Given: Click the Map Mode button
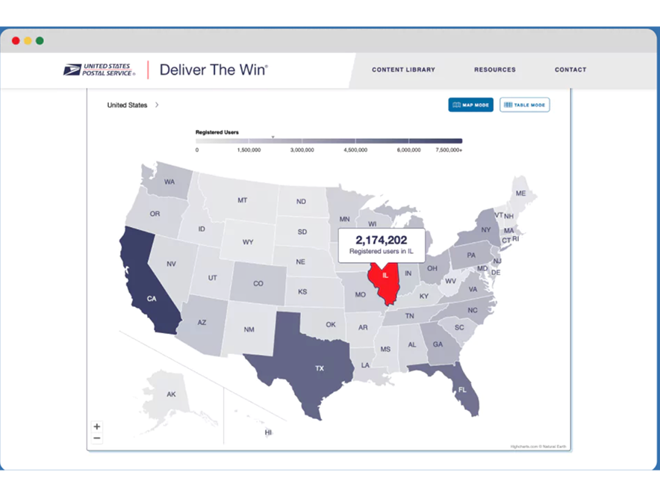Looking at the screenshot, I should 470,105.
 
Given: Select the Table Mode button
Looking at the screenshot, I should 524,105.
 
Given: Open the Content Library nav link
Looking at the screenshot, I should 403,70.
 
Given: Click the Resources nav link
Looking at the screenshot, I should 494,70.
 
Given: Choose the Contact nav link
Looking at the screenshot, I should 570,70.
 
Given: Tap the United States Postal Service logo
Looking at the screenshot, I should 99,70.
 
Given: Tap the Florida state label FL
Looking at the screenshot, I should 462,390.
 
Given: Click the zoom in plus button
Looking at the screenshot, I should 97,427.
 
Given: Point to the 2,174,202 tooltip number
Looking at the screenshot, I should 381,240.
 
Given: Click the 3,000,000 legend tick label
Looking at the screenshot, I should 302,150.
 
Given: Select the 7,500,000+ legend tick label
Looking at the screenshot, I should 449,150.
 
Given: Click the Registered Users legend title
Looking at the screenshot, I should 217,132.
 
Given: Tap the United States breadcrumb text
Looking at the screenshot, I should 128,105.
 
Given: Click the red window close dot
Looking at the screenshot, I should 16,40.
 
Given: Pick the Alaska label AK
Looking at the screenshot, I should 171,394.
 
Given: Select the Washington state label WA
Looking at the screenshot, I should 169,182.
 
